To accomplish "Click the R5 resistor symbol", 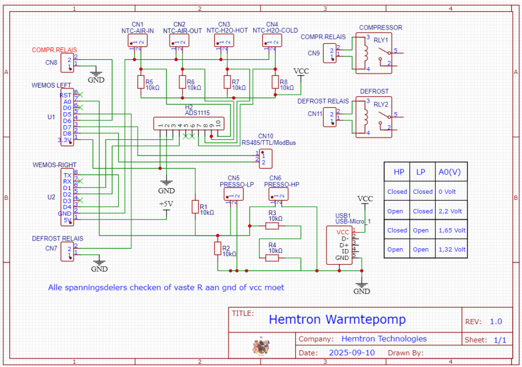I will click(141, 82).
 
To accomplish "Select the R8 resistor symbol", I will click(275, 82).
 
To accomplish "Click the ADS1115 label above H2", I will click(197, 113).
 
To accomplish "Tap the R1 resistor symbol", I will click(195, 206).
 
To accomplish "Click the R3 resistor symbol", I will click(272, 225).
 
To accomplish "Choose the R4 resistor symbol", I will click(272, 258).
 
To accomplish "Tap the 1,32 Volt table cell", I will click(452, 250).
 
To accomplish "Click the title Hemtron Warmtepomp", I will click(337, 320).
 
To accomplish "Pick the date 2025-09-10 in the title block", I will click(352, 353).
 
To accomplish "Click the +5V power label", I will click(167, 203).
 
